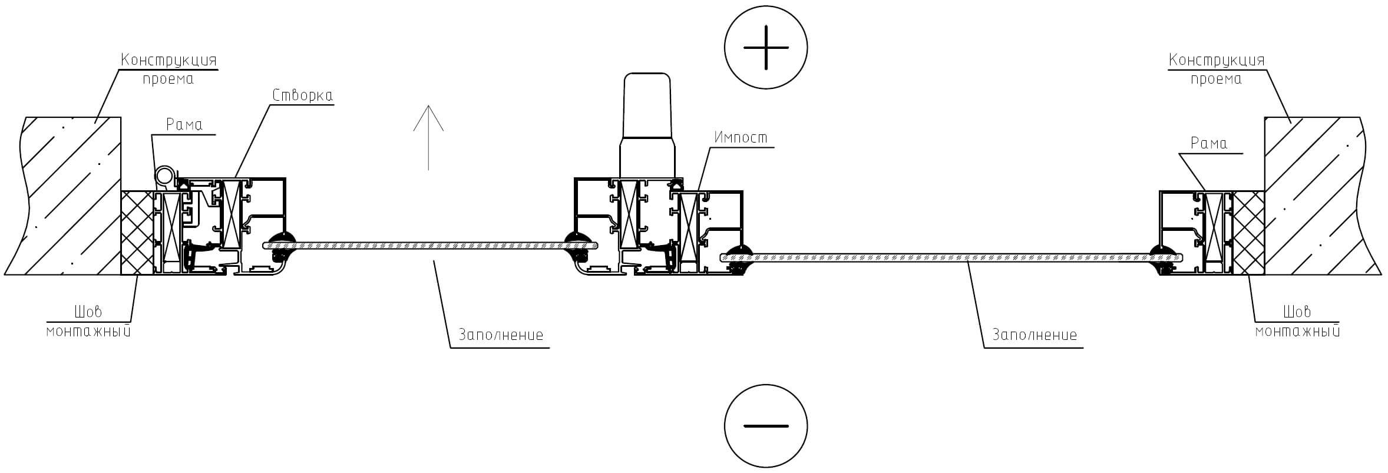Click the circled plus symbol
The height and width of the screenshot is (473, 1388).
pos(765,48)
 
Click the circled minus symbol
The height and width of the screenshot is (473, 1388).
pos(765,425)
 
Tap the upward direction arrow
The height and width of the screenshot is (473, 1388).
pos(428,138)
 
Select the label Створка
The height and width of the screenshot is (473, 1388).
pos(303,95)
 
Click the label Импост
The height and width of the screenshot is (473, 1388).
pos(741,138)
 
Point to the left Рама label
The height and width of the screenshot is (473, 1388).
pos(184,124)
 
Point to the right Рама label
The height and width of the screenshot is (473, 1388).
pos(1209,143)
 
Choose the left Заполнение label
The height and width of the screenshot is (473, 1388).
pos(501,335)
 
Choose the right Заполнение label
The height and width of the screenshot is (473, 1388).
pos(1035,335)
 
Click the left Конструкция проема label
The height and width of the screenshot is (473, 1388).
pos(169,70)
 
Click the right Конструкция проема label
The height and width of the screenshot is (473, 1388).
pos(1217,70)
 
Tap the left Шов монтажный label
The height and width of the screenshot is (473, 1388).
pos(88,321)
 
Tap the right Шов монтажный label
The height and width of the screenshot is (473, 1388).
pos(1297,321)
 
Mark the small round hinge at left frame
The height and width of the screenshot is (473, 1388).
pos(165,176)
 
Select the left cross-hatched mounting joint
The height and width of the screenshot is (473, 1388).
pos(137,233)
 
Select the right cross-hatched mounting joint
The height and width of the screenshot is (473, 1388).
pos(1248,233)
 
